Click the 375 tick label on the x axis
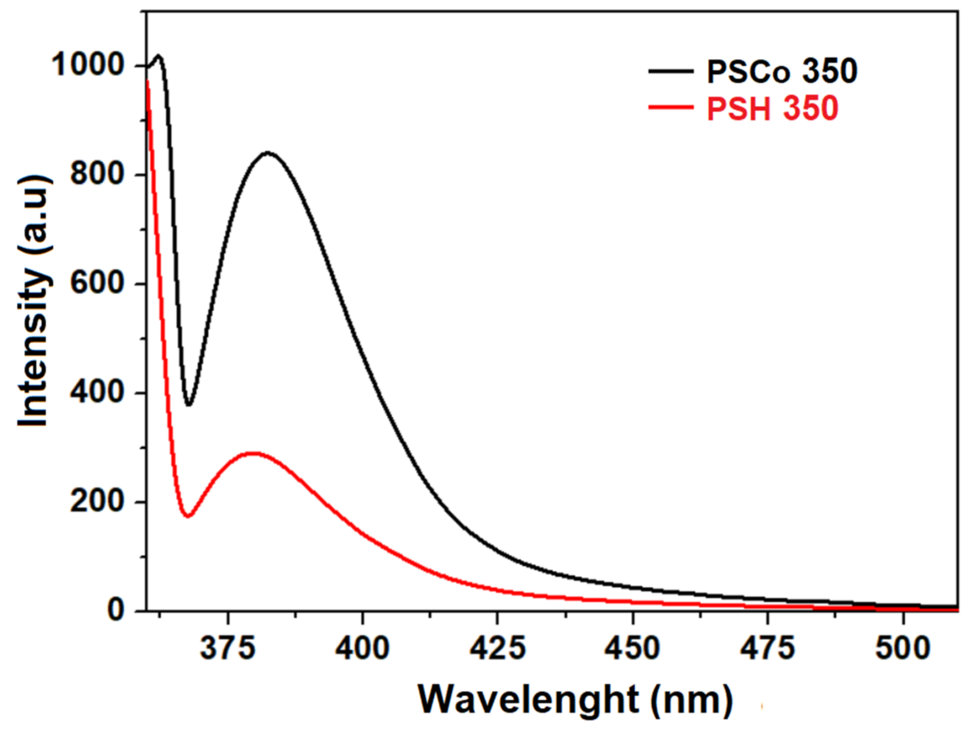click(x=227, y=648)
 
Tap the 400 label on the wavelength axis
click(x=362, y=648)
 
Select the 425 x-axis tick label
click(x=497, y=648)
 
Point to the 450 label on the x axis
click(x=632, y=648)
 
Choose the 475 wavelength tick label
click(x=768, y=648)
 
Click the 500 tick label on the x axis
click(x=902, y=648)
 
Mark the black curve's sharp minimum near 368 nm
click(x=189, y=405)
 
